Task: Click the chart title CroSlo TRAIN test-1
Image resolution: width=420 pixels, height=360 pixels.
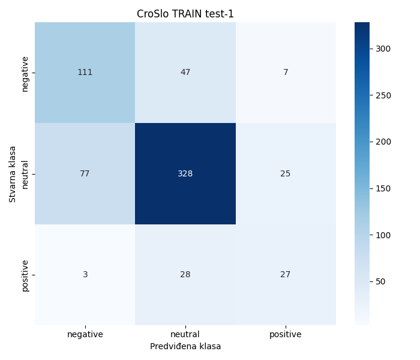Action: (x=185, y=14)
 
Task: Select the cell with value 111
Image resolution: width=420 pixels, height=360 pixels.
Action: (x=85, y=73)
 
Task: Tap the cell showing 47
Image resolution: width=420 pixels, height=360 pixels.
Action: (x=185, y=73)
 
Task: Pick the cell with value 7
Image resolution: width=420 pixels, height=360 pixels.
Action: (x=286, y=73)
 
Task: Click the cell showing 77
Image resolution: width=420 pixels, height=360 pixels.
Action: (x=85, y=173)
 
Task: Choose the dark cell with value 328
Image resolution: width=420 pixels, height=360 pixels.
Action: (x=185, y=173)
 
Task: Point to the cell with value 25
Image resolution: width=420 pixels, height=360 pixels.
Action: (x=286, y=173)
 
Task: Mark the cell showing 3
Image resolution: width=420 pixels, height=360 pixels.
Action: (x=85, y=274)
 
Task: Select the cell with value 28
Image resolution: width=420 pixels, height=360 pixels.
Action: (x=185, y=274)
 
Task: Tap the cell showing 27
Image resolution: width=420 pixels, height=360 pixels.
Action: (x=286, y=274)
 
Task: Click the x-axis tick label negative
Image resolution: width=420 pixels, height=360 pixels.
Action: (x=85, y=334)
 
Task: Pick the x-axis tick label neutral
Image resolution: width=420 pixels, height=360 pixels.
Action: (x=185, y=334)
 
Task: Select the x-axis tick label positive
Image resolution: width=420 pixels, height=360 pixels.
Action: (x=286, y=334)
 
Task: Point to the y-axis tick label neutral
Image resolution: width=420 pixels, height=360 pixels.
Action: (x=25, y=174)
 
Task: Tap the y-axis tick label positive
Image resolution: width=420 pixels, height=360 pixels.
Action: (x=25, y=275)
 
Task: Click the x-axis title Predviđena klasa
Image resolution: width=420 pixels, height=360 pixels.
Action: (x=185, y=346)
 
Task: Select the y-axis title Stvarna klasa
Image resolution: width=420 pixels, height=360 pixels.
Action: (x=13, y=174)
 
